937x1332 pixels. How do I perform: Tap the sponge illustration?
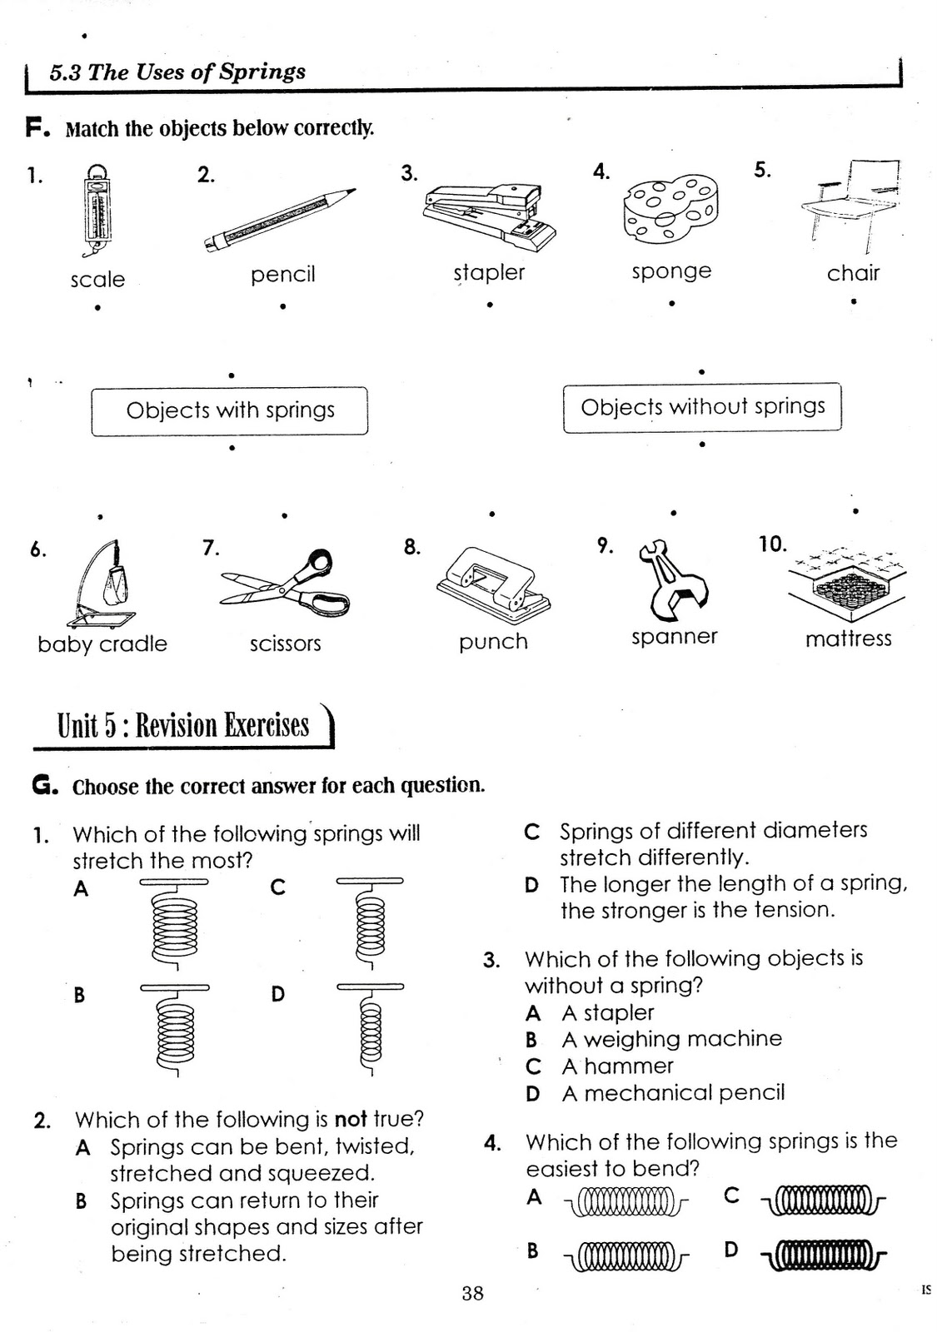670,209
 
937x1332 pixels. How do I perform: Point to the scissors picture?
286,583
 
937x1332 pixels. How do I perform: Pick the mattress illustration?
846,584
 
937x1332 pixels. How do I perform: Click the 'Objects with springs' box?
229,410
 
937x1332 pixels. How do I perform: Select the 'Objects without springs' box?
702,407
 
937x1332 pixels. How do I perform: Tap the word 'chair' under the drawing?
852,273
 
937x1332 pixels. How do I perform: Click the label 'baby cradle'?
102,644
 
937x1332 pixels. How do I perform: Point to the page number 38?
472,1293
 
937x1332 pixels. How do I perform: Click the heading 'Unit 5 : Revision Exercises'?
183,726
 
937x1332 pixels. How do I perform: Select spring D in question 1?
370,1031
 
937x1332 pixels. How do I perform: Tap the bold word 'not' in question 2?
351,1120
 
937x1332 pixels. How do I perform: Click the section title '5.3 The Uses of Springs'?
177,72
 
